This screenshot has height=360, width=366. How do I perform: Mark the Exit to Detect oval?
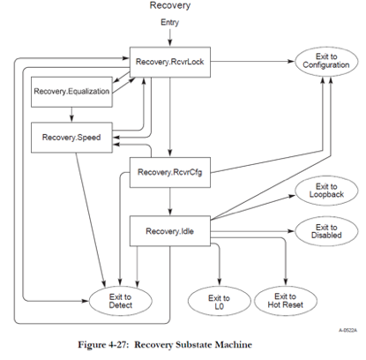click(123, 300)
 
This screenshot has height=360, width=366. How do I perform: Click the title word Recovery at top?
click(169, 8)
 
